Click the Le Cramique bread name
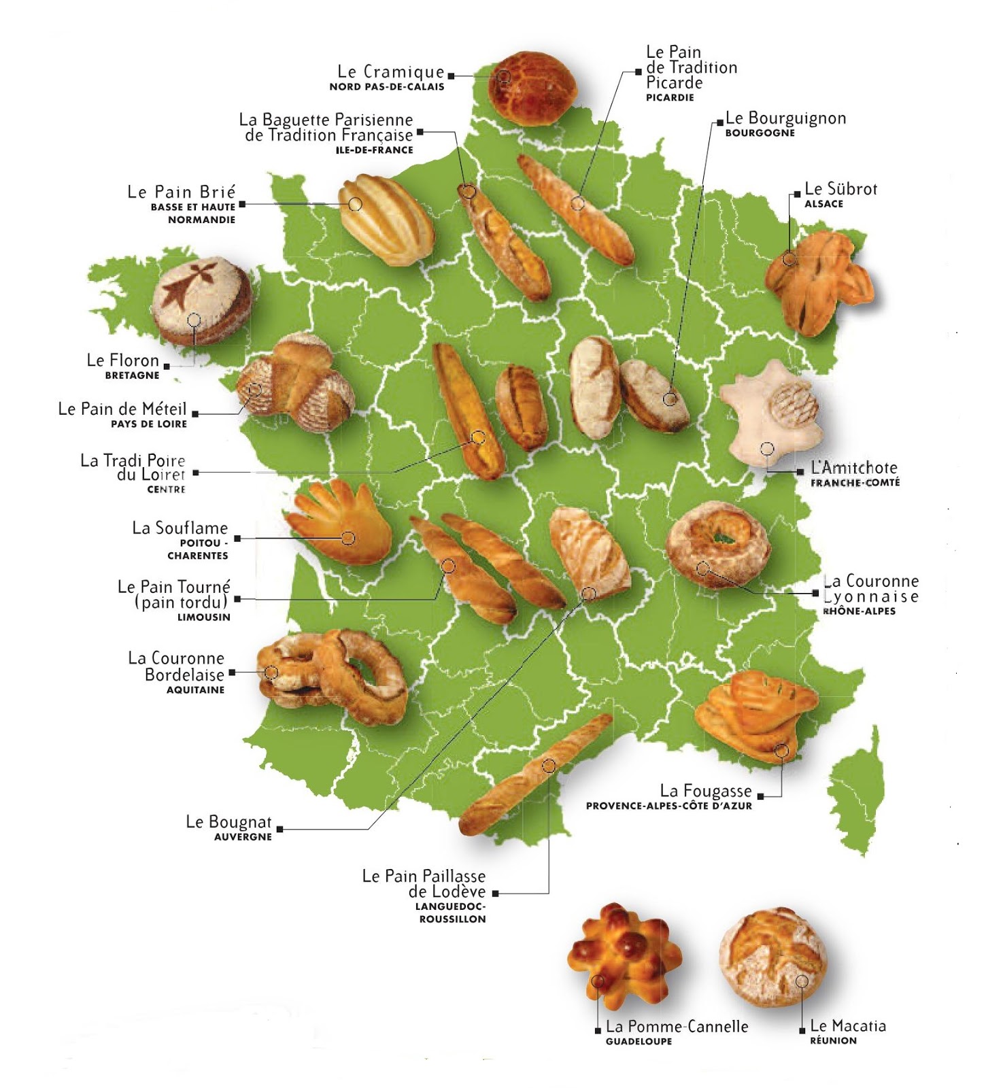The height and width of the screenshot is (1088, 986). tap(390, 71)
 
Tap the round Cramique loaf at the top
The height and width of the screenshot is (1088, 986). tap(532, 88)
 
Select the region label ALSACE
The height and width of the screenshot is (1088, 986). tap(823, 204)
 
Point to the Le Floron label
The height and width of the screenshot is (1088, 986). tap(123, 360)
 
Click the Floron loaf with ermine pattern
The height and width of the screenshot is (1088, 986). tap(201, 300)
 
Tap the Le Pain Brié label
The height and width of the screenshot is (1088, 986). tap(182, 192)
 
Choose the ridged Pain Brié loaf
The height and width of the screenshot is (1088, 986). tap(385, 219)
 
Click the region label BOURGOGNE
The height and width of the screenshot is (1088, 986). tap(760, 133)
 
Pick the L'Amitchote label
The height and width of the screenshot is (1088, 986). tap(854, 468)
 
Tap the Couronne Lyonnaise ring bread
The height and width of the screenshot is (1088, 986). tap(718, 544)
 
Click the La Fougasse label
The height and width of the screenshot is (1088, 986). tap(706, 791)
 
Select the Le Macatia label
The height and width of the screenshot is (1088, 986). tap(848, 1025)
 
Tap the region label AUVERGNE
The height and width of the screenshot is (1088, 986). tap(243, 837)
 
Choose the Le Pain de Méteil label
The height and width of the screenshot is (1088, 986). tap(122, 409)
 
